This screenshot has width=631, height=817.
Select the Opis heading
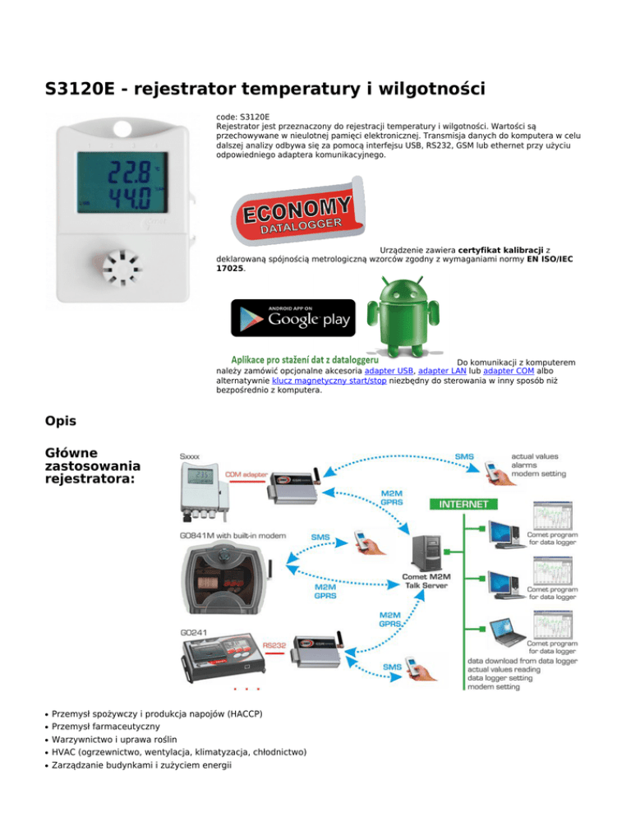coord(62,421)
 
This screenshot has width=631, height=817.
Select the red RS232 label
coord(274,646)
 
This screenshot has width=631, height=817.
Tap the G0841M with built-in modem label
coord(233,535)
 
